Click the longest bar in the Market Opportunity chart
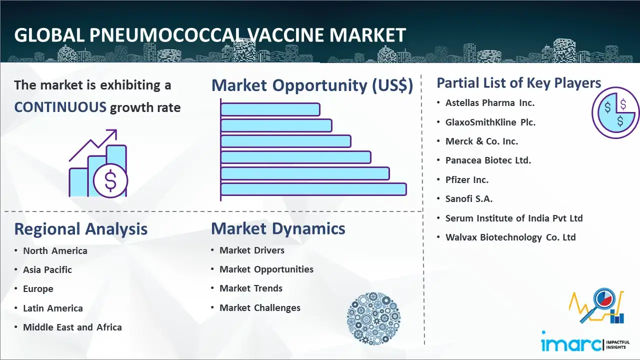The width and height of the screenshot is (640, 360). pos(313,189)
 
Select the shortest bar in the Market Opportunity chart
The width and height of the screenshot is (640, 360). pos(270,109)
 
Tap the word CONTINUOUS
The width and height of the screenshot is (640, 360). pos(60,107)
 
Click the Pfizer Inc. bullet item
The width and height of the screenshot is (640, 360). pos(467,179)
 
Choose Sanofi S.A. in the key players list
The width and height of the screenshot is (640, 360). pos(469,198)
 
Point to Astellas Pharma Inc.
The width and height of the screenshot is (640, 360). pos(489,103)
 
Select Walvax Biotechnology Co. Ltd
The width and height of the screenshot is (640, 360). pos(510,237)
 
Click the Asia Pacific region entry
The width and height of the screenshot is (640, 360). pos(47,269)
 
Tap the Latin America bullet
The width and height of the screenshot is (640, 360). pos(53,308)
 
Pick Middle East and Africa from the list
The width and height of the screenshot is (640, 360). pos(72,327)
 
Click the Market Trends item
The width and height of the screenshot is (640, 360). pos(251,288)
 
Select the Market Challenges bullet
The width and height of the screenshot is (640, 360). pos(259,307)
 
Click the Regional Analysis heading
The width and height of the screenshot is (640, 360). pos(81,229)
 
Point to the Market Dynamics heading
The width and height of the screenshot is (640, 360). pos(278,228)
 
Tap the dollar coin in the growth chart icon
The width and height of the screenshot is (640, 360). pos(110,181)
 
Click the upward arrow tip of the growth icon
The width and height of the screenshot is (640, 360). pos(116,130)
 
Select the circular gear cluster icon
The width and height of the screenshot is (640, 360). pos(373,318)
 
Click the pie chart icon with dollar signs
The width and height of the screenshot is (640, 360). pos(615,112)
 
